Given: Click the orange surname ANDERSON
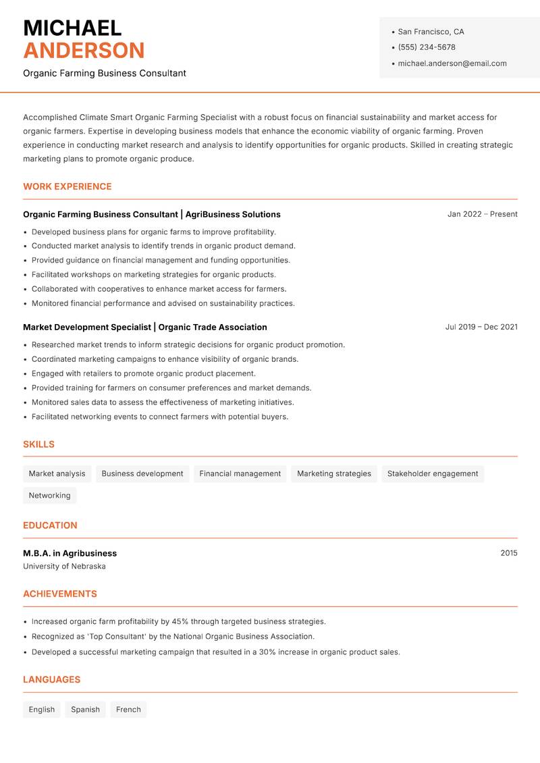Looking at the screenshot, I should coord(84,51).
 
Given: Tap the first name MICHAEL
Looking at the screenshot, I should coord(72,28).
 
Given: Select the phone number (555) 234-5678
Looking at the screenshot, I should coord(427,47).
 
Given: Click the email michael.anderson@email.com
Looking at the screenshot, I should coord(452,63).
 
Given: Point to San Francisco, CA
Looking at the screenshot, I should coord(431,32).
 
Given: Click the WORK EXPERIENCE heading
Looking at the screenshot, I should coord(67,186).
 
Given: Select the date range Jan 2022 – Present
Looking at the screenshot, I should coord(482,214).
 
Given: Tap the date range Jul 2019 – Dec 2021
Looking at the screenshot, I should coord(481,327).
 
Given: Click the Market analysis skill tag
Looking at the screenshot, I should coord(57,474).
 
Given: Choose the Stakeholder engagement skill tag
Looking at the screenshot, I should coord(433,474).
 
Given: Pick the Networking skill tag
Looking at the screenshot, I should coord(49,496).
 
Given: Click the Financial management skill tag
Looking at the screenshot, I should coord(240,474).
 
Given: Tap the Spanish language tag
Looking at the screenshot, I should coord(85,710).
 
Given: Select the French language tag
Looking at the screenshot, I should coord(128,710).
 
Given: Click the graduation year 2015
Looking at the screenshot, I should coord(509,553).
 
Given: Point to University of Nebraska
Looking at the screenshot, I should coord(64,567).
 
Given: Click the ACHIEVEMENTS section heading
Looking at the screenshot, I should coord(60,594).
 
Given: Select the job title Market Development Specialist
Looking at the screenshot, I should coord(87,327).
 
